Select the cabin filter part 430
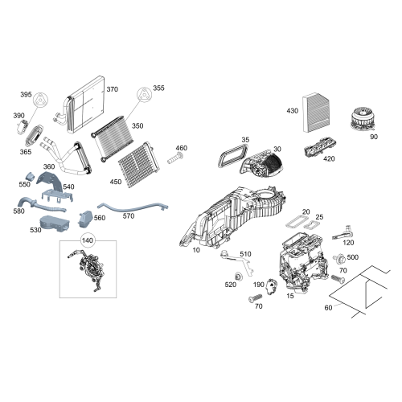316,113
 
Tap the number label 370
113,89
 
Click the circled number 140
88,240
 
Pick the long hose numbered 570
133,207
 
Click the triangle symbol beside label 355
144,94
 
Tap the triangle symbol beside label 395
41,100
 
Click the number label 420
329,159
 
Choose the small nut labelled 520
237,276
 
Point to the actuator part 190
271,286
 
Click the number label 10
196,250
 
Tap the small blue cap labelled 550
31,176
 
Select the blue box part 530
55,224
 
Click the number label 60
328,308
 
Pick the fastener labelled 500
338,258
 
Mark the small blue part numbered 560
86,219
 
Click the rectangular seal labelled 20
294,223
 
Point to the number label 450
116,182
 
